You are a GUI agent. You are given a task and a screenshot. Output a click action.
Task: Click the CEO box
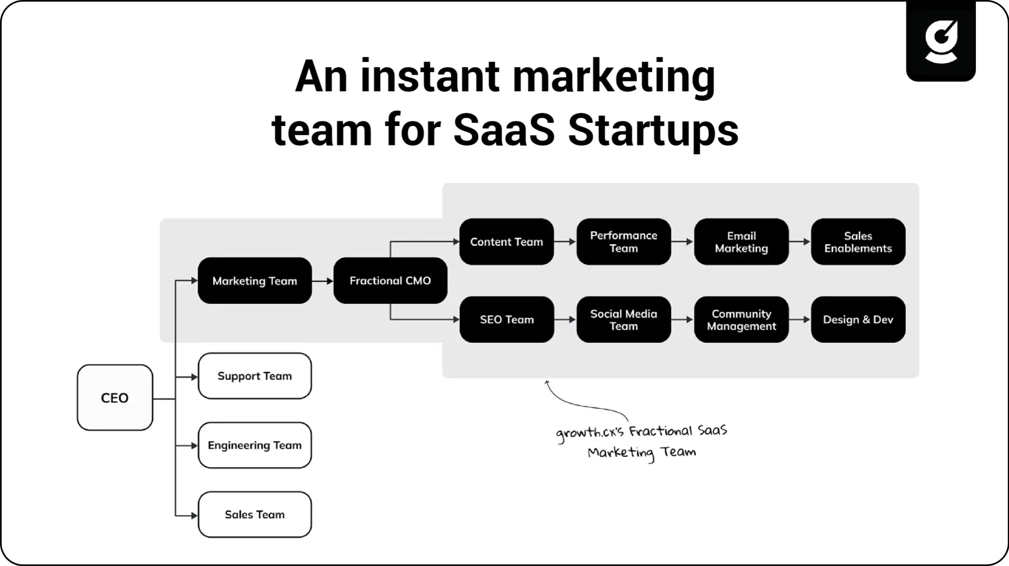pos(115,397)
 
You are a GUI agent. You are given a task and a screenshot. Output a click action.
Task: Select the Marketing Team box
pos(255,280)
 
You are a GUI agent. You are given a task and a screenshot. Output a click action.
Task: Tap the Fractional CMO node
pos(390,280)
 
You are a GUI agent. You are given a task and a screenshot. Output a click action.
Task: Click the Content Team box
pos(506,242)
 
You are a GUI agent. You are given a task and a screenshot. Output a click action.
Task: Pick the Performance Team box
pos(623,242)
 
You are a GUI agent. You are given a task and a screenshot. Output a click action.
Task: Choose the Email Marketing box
pos(741,242)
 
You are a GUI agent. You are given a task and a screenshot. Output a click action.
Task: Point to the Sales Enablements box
pos(858,242)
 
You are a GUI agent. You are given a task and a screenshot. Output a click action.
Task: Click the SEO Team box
pos(506,319)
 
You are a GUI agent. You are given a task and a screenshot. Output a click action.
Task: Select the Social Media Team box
pos(623,319)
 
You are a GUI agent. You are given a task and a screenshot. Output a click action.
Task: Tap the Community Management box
pos(741,319)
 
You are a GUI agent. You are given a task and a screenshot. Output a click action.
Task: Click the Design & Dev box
pos(858,319)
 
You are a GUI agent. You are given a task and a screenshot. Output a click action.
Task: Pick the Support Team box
pos(255,376)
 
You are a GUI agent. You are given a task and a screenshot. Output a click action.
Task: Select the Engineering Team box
pos(255,445)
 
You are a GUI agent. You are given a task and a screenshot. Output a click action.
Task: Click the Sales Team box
pos(255,515)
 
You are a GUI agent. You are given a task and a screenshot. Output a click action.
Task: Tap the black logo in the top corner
pos(941,41)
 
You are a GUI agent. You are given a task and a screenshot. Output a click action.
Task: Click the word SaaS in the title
pos(504,130)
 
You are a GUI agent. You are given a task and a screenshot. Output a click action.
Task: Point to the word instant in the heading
pos(430,76)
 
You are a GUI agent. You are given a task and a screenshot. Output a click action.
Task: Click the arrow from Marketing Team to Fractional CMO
pos(323,281)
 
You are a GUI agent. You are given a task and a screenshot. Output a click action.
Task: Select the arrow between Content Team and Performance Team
pos(565,242)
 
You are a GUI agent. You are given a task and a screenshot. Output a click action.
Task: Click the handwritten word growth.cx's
pos(590,433)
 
